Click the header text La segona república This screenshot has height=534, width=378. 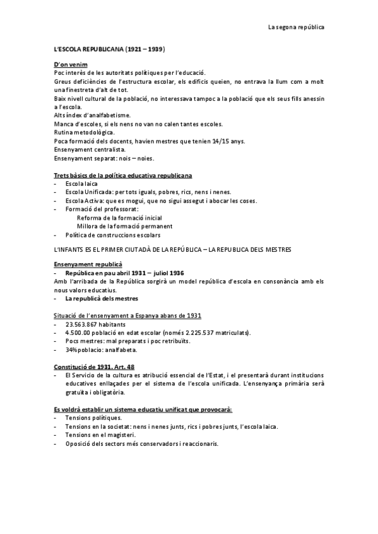[x=296, y=27]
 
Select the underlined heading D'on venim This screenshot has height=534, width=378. [x=71, y=65]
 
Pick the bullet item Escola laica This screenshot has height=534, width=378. [x=85, y=183]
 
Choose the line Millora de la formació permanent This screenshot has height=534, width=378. [x=125, y=226]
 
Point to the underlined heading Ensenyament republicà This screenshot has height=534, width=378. [x=88, y=264]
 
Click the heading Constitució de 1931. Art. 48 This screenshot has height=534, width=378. [x=94, y=366]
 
